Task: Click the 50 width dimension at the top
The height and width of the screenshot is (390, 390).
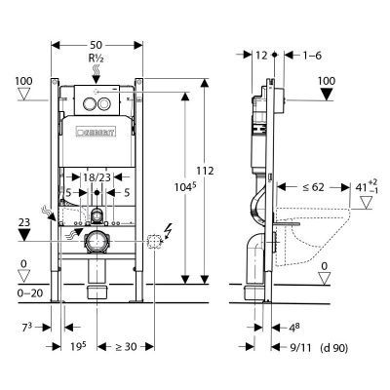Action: pos(96,45)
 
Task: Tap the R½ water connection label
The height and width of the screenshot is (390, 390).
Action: pos(97,58)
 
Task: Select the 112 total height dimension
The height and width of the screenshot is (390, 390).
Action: pos(206,171)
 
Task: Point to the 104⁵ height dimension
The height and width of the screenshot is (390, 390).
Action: pos(186,187)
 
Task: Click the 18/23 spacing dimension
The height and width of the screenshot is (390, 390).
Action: pos(97,177)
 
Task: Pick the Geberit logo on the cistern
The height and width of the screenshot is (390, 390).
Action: pos(97,133)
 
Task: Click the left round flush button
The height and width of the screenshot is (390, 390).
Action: pos(89,103)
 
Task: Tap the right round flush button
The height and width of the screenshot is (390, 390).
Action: pos(104,103)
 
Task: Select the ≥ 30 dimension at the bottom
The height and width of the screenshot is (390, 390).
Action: pos(126,347)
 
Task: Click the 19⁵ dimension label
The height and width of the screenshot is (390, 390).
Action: pos(78,346)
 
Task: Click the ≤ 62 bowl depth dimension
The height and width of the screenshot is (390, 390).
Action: pos(313,187)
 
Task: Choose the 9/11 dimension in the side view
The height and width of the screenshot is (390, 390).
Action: pos(300,348)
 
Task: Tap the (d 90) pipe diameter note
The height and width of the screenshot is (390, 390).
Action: pos(334,348)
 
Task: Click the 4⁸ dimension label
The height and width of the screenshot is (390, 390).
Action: pos(293,328)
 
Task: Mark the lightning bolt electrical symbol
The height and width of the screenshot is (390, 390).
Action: pos(169,230)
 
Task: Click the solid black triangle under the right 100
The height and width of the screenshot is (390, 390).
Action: pos(326,95)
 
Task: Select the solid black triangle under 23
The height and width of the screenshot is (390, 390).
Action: pos(24,235)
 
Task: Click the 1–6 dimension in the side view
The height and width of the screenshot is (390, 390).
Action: pos(312,56)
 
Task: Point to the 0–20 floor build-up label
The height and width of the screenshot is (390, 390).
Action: pos(29,293)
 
